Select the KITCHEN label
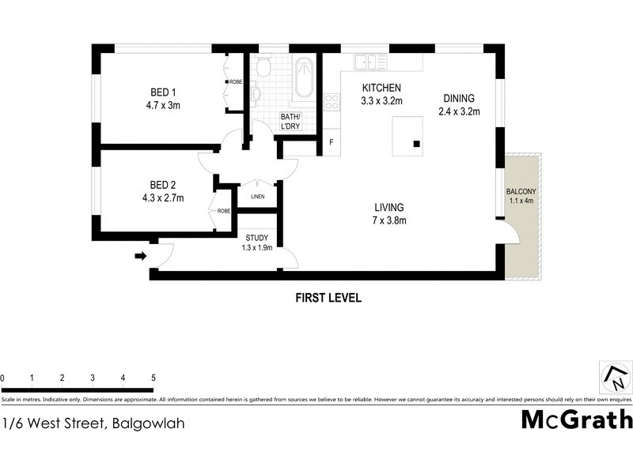click(x=382, y=94)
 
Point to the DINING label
click(x=460, y=104)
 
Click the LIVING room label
click(x=390, y=214)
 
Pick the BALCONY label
click(x=522, y=197)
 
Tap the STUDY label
click(x=257, y=242)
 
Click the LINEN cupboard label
click(x=257, y=197)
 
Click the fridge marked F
click(x=331, y=143)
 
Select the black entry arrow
click(x=141, y=256)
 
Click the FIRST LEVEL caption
click(x=328, y=298)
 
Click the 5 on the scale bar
click(x=153, y=378)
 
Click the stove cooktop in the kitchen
click(x=332, y=101)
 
